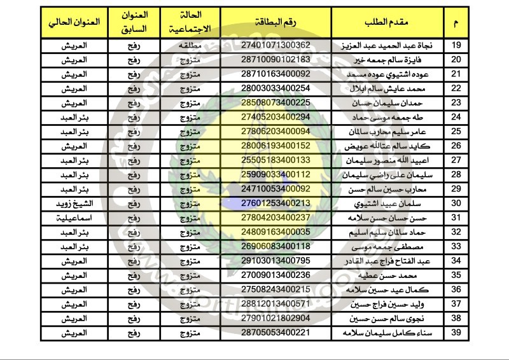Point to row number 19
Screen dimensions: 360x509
[x=456, y=46]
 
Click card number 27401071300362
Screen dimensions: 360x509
[x=281, y=46]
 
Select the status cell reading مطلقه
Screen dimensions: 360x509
[x=187, y=46]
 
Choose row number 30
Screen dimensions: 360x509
[x=456, y=204]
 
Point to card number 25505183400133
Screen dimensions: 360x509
[x=281, y=160]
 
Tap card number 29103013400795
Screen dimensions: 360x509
[x=281, y=261]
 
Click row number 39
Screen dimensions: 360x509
[x=456, y=333]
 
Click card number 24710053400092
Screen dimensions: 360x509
[x=281, y=189]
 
